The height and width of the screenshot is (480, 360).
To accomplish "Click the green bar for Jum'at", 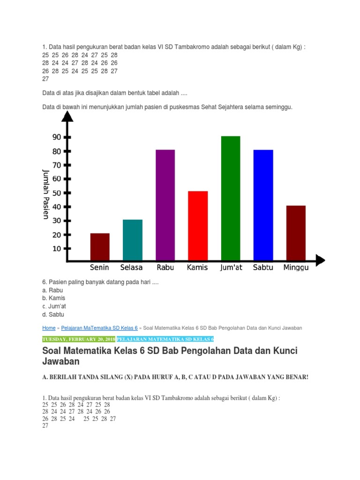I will click(231, 198).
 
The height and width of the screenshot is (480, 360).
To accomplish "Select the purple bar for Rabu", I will click(165, 205).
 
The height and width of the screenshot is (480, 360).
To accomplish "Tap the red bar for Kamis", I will click(198, 225).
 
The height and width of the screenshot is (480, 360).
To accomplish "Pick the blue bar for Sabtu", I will click(263, 205).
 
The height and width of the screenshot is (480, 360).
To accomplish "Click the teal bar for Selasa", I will click(133, 240).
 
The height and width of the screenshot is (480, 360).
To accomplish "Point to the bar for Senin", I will click(100, 247).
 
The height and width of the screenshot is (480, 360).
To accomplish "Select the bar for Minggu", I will click(296, 232).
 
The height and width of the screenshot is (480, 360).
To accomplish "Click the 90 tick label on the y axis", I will click(57, 137).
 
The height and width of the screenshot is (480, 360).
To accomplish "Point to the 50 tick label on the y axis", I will click(57, 193).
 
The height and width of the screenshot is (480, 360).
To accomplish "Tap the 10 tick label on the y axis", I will click(57, 248).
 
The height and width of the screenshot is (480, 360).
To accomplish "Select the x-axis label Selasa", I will click(132, 268).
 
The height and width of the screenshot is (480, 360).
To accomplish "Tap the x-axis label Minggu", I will click(296, 268).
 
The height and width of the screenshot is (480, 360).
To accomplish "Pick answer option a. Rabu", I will click(52, 290).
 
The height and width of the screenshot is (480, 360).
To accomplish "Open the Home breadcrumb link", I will click(49, 328).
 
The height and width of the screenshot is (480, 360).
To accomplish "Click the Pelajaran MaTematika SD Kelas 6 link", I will click(98, 328).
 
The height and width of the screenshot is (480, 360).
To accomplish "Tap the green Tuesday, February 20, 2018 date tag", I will click(79, 339).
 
